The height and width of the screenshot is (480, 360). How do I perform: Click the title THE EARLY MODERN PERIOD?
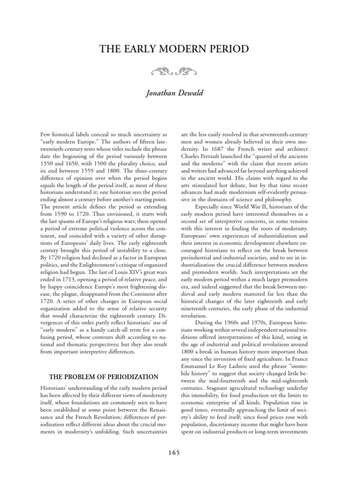[180, 49]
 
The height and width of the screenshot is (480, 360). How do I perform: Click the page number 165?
[180, 452]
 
